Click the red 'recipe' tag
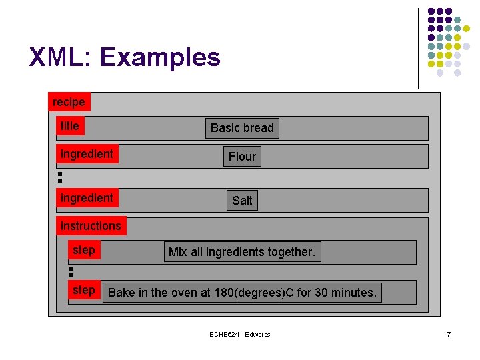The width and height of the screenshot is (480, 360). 69,102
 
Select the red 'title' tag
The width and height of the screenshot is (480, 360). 70,126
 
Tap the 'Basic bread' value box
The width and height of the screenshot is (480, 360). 242,128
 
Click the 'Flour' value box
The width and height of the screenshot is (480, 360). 242,157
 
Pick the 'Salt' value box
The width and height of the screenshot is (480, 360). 242,201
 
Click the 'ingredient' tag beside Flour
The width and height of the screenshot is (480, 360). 87,154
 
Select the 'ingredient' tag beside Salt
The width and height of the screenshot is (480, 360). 87,198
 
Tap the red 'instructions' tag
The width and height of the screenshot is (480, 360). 91,226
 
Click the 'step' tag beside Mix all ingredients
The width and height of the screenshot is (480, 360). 84,250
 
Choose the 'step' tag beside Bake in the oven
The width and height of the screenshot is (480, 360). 84,290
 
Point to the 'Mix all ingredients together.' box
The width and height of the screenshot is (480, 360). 242,252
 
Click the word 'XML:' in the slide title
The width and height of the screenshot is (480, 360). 61,58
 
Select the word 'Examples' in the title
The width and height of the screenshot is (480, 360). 160,58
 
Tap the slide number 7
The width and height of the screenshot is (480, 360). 449,334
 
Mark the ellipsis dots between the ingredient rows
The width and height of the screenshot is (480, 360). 59,177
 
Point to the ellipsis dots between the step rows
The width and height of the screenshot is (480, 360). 71,271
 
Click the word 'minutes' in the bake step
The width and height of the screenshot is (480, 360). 354,293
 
